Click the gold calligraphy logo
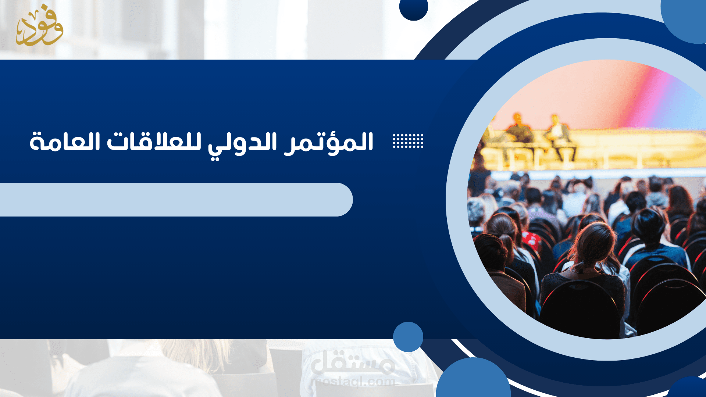click(x=39, y=26)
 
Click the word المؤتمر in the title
click(x=329, y=143)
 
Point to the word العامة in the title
click(x=65, y=142)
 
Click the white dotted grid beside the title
click(x=408, y=141)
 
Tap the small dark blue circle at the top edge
click(x=413, y=8)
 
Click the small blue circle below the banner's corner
click(x=408, y=337)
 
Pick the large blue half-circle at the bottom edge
click(x=473, y=380)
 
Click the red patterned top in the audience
click(x=532, y=241)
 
